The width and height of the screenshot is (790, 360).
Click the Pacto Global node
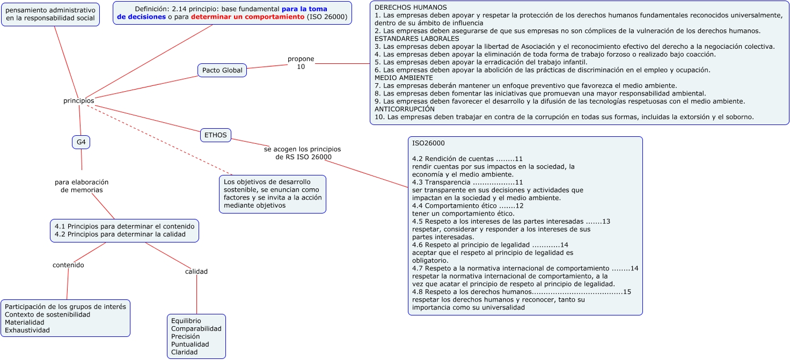[x=222, y=70]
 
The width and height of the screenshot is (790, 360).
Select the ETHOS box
[x=216, y=135]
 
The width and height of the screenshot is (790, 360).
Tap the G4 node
[x=81, y=142]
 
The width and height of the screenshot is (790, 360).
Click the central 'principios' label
[x=78, y=101]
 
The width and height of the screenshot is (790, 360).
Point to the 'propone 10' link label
[x=301, y=63]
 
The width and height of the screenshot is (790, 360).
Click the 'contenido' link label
[x=68, y=265]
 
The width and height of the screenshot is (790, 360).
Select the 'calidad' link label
[x=196, y=271]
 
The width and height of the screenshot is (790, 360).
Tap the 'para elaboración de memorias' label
[x=82, y=186]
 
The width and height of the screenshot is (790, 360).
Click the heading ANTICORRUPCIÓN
[x=404, y=109]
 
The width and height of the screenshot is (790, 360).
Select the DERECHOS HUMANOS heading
[x=410, y=8]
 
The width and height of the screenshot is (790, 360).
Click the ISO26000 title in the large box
[x=428, y=143]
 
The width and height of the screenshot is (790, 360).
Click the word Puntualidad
[x=190, y=344]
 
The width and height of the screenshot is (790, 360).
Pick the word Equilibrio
[x=186, y=321]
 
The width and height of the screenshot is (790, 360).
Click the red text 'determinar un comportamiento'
[x=247, y=17]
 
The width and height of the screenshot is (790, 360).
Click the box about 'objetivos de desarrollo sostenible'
[x=273, y=194]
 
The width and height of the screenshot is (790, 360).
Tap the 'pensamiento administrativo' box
[x=50, y=14]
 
